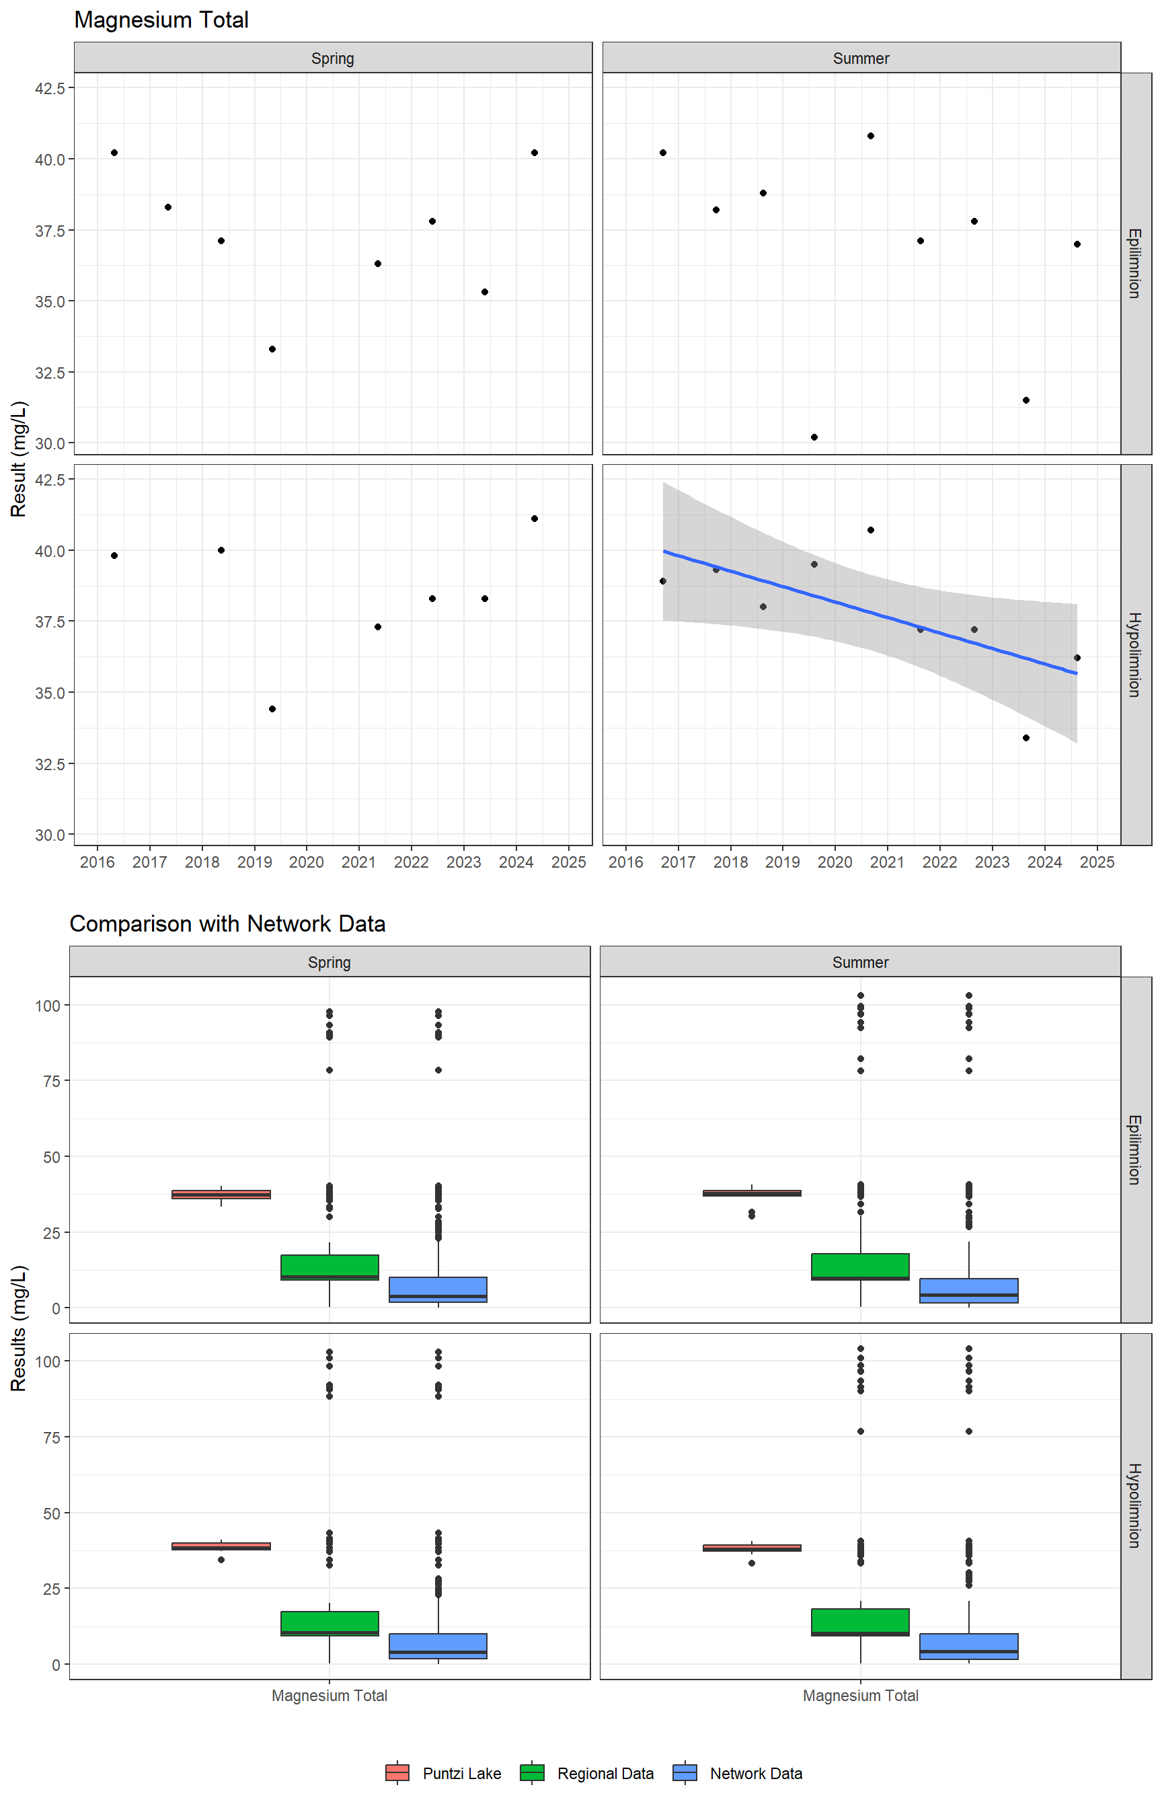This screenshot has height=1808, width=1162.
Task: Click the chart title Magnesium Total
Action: point(161,20)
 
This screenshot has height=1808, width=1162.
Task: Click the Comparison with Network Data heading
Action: point(227,924)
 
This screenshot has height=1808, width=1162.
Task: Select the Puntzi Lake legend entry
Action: point(443,1772)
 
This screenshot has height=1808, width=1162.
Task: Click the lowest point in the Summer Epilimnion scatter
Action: point(814,438)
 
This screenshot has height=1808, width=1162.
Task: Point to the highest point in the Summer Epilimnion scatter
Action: point(871,136)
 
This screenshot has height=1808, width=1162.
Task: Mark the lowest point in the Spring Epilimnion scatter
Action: point(272,349)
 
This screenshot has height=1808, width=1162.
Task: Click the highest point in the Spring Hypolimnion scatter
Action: point(534,519)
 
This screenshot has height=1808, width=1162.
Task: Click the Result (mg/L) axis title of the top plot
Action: point(19,459)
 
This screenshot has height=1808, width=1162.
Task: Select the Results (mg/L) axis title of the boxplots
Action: point(19,1328)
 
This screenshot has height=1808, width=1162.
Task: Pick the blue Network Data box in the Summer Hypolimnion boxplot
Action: point(969,1646)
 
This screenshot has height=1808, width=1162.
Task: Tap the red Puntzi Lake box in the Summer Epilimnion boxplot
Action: point(752,1193)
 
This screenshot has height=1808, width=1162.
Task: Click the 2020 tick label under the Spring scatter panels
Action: point(307,862)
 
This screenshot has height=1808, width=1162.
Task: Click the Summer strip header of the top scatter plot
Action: point(861,58)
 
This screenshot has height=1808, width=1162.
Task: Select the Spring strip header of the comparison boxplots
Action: point(329,962)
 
